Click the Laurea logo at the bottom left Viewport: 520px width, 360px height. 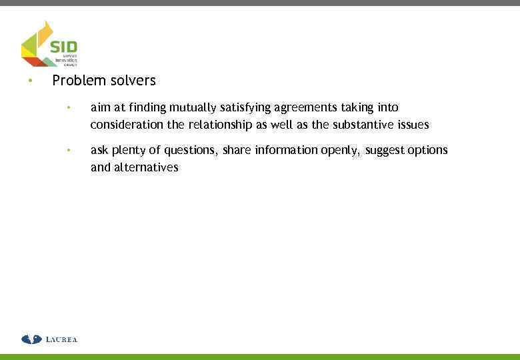click(49, 339)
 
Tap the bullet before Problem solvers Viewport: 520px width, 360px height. click(29, 81)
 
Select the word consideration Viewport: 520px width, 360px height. click(125, 125)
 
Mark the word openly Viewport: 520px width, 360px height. click(341, 151)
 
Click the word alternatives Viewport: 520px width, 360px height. click(146, 167)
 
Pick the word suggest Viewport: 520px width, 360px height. click(385, 151)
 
